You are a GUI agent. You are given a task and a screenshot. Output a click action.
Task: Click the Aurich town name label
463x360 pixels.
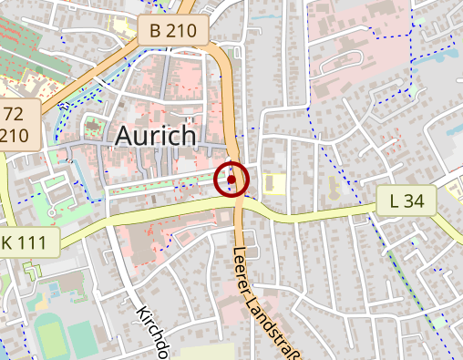click(156, 136)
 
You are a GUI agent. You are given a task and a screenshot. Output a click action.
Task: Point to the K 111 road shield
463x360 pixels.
click(27, 242)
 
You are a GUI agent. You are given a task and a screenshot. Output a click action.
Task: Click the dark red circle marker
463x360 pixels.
click(231, 180)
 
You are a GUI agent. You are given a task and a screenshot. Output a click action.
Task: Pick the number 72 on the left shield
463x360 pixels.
click(14, 115)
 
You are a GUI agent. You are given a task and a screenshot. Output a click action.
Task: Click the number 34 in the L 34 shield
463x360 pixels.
click(416, 201)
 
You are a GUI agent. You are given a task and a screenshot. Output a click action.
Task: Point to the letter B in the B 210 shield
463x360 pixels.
click(156, 31)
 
